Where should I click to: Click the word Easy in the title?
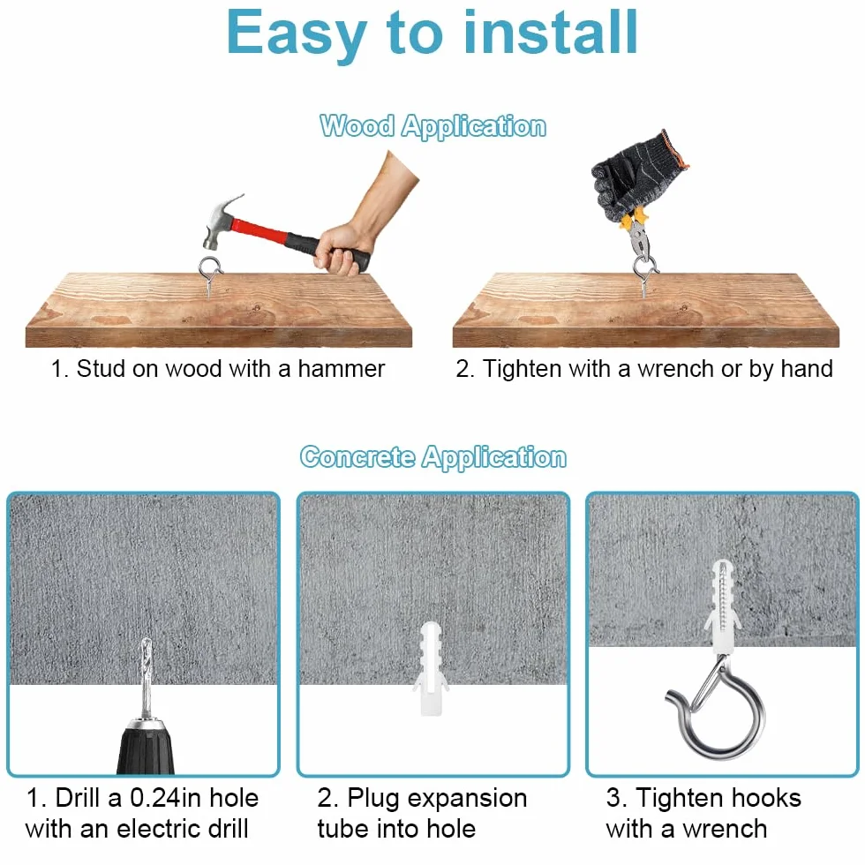tap(297, 34)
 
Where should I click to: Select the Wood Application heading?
tap(433, 126)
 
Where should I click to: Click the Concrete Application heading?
tap(433, 457)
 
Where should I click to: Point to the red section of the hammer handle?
tap(261, 230)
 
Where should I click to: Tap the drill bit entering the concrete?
tap(147, 678)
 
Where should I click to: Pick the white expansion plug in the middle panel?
tap(431, 668)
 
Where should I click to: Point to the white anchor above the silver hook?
tap(722, 606)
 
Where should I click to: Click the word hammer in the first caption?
tap(342, 369)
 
